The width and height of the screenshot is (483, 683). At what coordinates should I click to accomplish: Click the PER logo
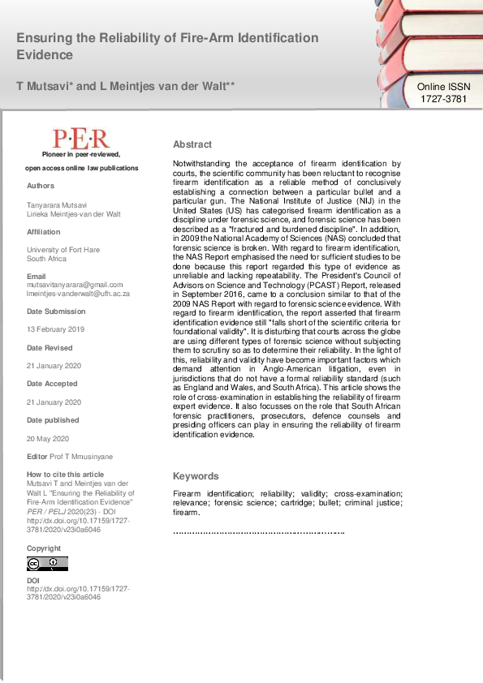point(81,138)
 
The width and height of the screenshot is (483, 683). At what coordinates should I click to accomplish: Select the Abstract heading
point(192,144)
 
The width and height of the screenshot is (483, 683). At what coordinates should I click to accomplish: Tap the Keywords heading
point(196,476)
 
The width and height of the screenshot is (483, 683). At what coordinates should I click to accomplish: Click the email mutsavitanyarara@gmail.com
point(75,285)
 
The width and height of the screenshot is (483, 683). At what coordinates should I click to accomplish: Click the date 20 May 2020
point(45,438)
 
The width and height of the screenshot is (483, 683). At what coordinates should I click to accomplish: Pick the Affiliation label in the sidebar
point(44,232)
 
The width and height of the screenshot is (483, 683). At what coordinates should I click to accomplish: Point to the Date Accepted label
point(52,384)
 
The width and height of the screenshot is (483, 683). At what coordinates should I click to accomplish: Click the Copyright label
point(44,548)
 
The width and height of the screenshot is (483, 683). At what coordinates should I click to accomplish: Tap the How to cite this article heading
point(65,475)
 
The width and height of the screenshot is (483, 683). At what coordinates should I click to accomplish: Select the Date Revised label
point(50,347)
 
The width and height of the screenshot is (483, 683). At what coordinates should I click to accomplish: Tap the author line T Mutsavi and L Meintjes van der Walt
point(126,85)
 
